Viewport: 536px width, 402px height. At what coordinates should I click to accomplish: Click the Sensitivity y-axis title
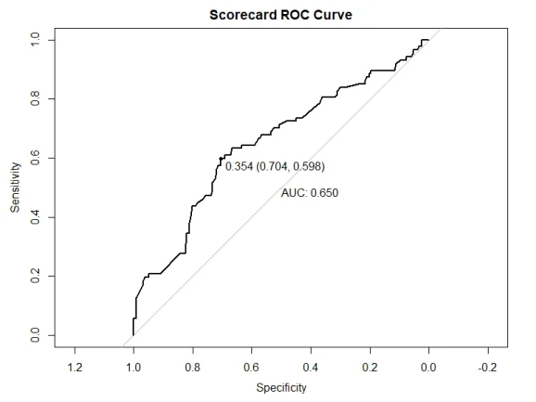pos(16,188)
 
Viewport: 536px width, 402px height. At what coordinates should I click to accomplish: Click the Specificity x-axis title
pos(281,387)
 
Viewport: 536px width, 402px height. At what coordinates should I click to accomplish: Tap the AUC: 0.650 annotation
pos(310,193)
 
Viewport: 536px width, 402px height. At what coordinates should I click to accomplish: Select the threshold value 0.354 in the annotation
pos(239,167)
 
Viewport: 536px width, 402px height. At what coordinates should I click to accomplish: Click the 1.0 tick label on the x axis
pos(134,367)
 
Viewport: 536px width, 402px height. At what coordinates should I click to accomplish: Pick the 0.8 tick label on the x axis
pos(193,367)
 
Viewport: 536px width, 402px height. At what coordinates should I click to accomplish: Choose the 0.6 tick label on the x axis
pos(252,367)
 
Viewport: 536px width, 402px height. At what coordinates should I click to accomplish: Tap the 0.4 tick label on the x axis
pos(311,367)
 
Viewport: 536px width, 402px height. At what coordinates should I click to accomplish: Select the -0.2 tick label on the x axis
pos(487,367)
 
